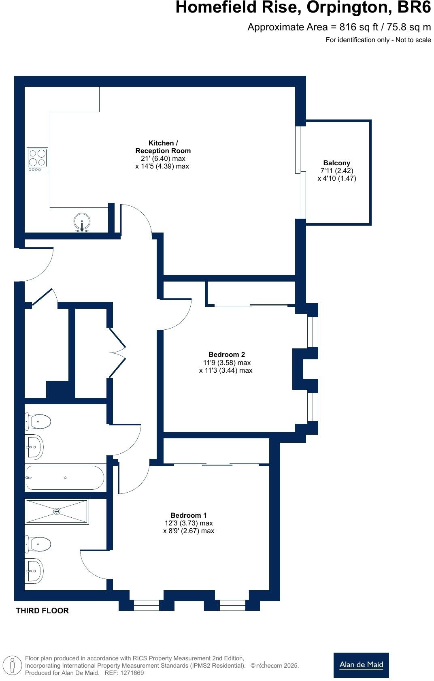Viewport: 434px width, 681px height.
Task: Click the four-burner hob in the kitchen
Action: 37,160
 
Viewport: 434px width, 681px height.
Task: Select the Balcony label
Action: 336,163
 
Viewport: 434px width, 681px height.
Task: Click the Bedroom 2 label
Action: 226,354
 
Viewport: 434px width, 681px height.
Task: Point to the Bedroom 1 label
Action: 188,515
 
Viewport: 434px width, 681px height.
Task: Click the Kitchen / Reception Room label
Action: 163,147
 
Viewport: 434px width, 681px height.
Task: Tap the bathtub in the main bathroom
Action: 65,478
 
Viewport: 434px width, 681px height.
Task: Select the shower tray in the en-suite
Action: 57,512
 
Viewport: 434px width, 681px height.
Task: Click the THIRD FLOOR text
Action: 42,611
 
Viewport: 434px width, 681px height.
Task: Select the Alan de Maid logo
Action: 361,665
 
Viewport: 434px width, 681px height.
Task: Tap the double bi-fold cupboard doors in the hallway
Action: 117,352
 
